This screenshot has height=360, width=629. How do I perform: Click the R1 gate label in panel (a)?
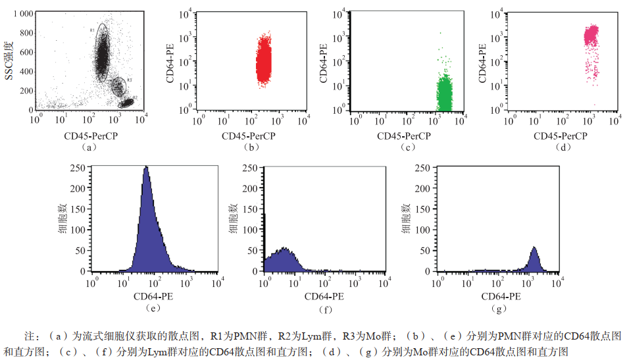pos(93,30)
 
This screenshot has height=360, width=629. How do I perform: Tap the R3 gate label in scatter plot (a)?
pos(130,80)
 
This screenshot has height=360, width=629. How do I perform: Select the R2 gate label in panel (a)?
pos(134,98)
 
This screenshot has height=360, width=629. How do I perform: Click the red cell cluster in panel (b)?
pos(263,61)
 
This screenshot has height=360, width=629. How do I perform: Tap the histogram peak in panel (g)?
pos(534,248)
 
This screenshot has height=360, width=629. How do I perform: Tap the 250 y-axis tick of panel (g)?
pos(424,168)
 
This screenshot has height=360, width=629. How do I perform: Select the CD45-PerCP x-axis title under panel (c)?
pos(403,136)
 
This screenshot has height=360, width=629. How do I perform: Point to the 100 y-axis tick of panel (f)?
pos(252,230)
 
